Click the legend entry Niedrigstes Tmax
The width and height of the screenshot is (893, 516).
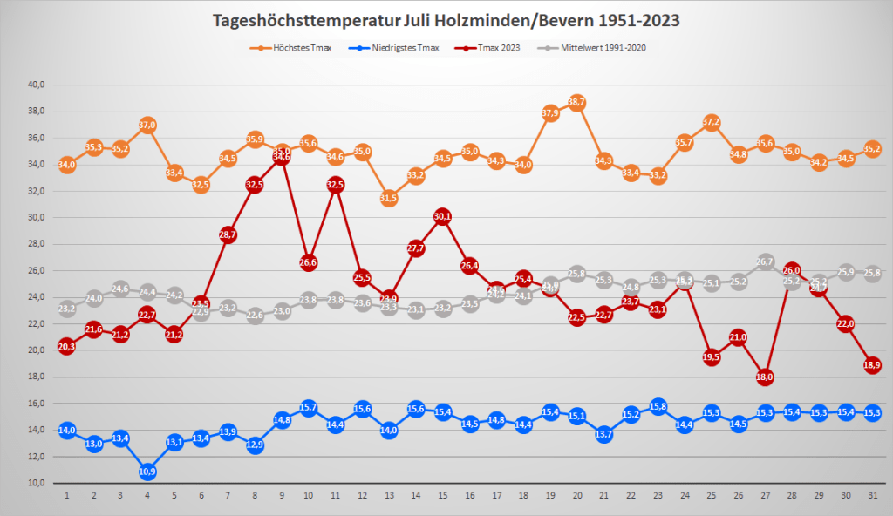pyautogui.click(x=401, y=47)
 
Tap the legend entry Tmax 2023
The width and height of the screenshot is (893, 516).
pyautogui.click(x=499, y=47)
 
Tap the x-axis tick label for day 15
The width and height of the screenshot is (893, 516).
pyautogui.click(x=443, y=496)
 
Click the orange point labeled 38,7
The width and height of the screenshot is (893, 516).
pyautogui.click(x=577, y=102)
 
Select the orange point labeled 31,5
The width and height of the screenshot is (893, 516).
pyautogui.click(x=389, y=198)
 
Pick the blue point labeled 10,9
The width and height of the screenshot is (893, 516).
pyautogui.click(x=147, y=472)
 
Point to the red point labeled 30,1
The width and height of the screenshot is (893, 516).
pyautogui.click(x=443, y=216)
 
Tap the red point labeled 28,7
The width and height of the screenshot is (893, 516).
pyautogui.click(x=228, y=234)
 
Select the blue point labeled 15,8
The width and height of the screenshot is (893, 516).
pyautogui.click(x=658, y=406)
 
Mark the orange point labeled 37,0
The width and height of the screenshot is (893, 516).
pyautogui.click(x=147, y=125)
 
